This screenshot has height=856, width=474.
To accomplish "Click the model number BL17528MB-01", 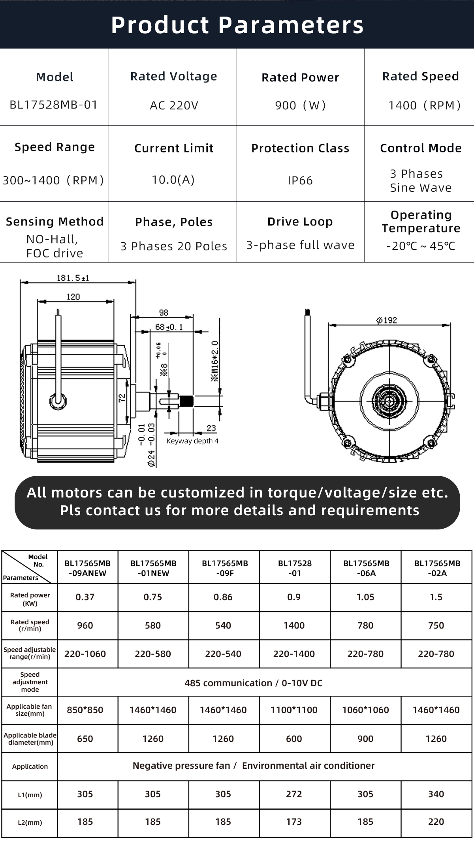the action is point(53,105).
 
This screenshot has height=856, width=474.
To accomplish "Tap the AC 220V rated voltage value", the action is point(174,105).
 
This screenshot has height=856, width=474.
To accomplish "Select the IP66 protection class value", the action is point(300,180).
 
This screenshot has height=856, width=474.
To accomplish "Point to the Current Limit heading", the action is point(174,148).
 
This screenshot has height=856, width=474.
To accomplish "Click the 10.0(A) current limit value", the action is point(173,180).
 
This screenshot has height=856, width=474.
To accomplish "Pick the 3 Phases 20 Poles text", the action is point(174,246).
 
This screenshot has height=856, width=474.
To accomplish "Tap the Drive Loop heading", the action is point(300,222).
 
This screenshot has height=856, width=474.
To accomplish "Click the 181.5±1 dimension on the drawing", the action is point(73,278).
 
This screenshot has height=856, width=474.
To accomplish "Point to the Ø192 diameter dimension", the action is point(387,320).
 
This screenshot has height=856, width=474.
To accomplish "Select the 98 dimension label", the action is point(164,312).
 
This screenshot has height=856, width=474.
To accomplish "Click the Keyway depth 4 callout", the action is point(192,441).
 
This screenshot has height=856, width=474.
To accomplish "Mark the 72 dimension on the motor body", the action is point(122,397).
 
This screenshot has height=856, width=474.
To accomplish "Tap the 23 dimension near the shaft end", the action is point(211,428).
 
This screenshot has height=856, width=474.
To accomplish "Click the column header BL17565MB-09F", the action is point(225,568).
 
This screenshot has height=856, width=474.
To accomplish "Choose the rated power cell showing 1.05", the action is point(365,597).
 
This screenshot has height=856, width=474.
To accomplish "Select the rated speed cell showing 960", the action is point(85,625).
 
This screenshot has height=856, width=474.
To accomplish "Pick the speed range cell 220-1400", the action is point(294,654).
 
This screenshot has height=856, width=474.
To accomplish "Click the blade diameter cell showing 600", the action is point(294,739).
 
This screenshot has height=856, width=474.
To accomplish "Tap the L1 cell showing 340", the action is point(436,794).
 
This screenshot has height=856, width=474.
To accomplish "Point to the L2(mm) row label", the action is point(30,822).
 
